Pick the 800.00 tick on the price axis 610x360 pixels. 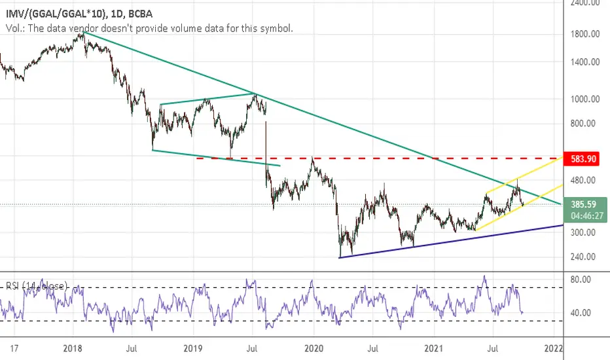pyautogui.click(x=586, y=123)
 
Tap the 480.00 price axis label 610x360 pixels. pyautogui.click(x=586, y=180)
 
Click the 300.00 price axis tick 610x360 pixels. pyautogui.click(x=586, y=232)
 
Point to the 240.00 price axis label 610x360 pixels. pyautogui.click(x=586, y=257)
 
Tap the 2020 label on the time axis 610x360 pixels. pyautogui.click(x=314, y=347)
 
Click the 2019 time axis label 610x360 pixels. pyautogui.click(x=193, y=347)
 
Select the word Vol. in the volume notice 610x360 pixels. pyautogui.click(x=12, y=29)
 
